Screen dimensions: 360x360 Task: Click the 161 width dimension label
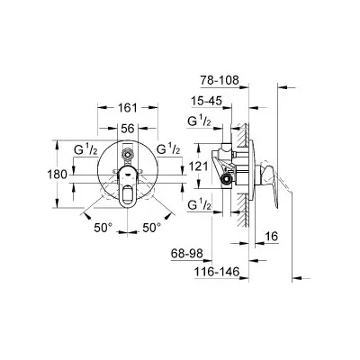pos(128,108)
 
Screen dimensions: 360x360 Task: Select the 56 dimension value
pos(128,129)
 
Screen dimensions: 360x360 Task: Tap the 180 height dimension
pos(58,175)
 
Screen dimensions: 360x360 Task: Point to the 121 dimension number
pos(198,166)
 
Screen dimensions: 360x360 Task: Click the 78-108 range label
pos(220,80)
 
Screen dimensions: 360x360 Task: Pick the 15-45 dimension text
pos(207,101)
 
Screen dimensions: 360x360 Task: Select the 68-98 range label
pos(187,254)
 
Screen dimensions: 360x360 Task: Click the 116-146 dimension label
pos(217,272)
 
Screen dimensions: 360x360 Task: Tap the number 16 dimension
pos(272,237)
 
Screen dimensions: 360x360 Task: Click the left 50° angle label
pos(103,228)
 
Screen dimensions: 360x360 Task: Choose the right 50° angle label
pos(151,228)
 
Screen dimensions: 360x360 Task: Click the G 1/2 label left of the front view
pos(85,149)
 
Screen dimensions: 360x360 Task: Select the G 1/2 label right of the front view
pos(168,149)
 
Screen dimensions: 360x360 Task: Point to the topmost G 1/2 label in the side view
pos(199,121)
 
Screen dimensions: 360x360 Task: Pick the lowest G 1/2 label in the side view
pos(199,205)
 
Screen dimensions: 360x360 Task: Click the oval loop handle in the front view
pos(127,187)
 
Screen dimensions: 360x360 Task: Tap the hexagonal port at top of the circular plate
pos(127,155)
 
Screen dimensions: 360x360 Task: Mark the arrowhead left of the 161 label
pos(103,108)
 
